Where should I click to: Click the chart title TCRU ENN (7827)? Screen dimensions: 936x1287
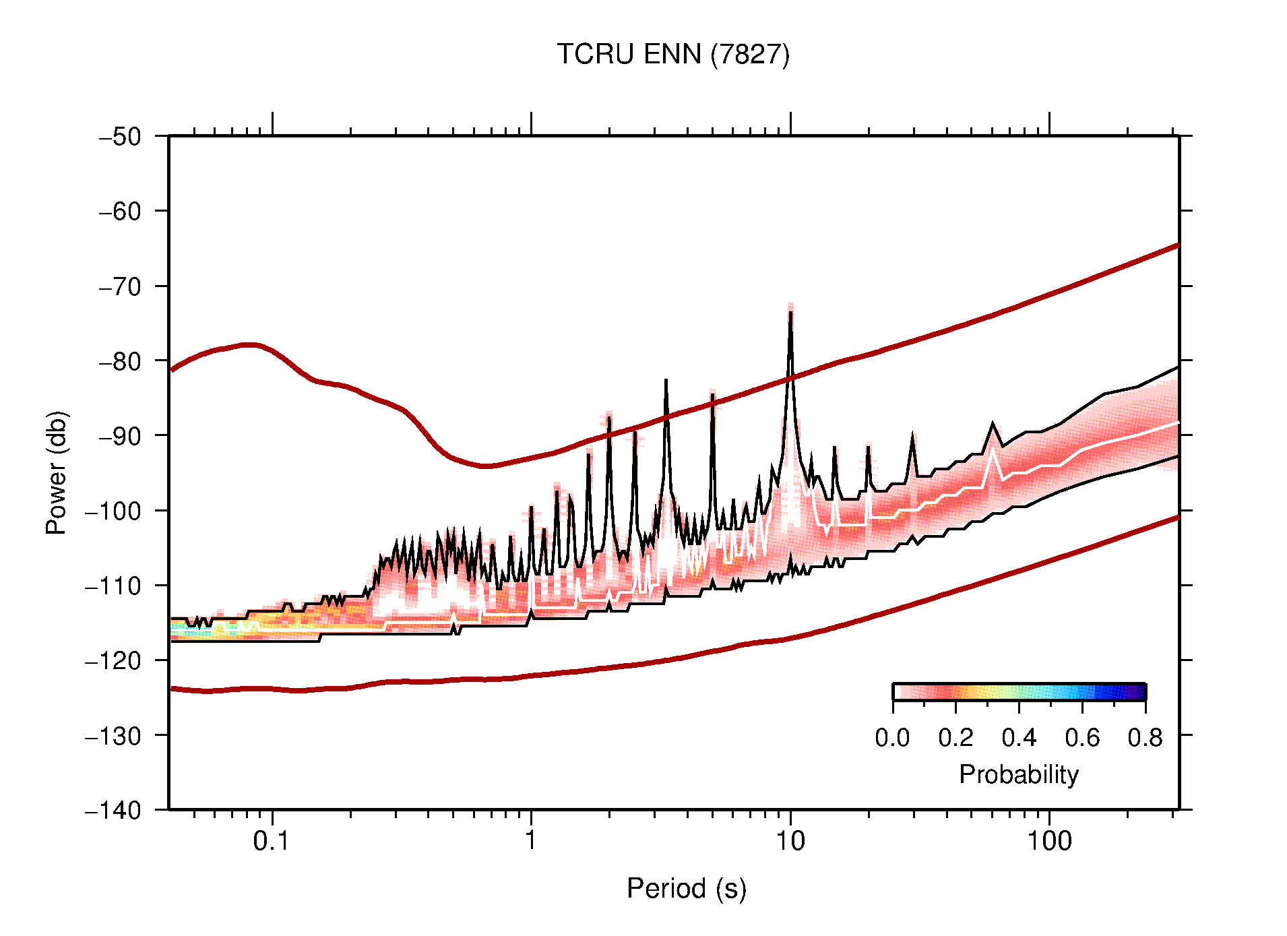pyautogui.click(x=672, y=54)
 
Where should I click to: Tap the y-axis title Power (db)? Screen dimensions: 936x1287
pyautogui.click(x=57, y=472)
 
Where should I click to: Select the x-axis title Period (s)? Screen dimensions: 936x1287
pyautogui.click(x=686, y=888)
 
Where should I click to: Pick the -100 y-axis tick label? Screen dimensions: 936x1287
pyautogui.click(x=113, y=511)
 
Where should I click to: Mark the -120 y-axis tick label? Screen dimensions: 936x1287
pyautogui.click(x=113, y=660)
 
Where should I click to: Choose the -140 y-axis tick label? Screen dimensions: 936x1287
pyautogui.click(x=113, y=810)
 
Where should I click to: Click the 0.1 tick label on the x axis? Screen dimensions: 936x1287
pyautogui.click(x=272, y=841)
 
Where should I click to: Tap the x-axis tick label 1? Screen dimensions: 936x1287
pyautogui.click(x=531, y=841)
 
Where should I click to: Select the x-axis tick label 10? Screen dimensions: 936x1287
pyautogui.click(x=790, y=841)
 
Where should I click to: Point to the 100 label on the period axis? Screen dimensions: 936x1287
pyautogui.click(x=1048, y=841)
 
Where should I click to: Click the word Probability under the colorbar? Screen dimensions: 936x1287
pyautogui.click(x=1018, y=774)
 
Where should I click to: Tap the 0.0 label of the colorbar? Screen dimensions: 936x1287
pyautogui.click(x=892, y=738)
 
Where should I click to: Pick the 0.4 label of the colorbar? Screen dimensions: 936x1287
pyautogui.click(x=1019, y=738)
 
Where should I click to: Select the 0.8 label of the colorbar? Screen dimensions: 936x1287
pyautogui.click(x=1145, y=738)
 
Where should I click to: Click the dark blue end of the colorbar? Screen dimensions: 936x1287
pyautogui.click(x=1139, y=692)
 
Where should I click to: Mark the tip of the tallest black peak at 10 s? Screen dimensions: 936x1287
pyautogui.click(x=790, y=312)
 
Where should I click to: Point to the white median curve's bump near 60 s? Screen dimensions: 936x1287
pyautogui.click(x=993, y=449)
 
